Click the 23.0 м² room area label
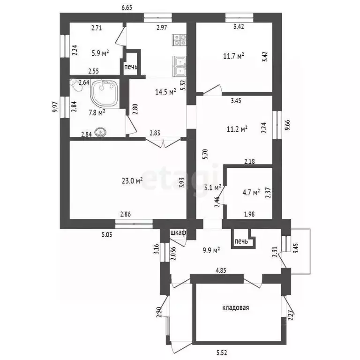pos(132,180)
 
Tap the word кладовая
pos(236,307)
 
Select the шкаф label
pos(178,232)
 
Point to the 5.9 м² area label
pos(100,53)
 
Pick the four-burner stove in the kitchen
pos(180,40)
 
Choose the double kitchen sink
pos(180,66)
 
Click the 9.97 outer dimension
pos(55,107)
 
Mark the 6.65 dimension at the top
pos(127,7)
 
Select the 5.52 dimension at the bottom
pos(222,352)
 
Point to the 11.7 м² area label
pos(233,56)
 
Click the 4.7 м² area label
pos(251,192)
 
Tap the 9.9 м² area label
pos(211,250)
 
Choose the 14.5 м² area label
pos(165,92)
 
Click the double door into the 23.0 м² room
pos(163,142)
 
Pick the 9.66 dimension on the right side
pos(287,125)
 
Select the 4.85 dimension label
pos(221,270)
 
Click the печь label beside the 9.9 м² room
pos(241,241)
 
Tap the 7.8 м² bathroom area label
pos(97,112)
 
